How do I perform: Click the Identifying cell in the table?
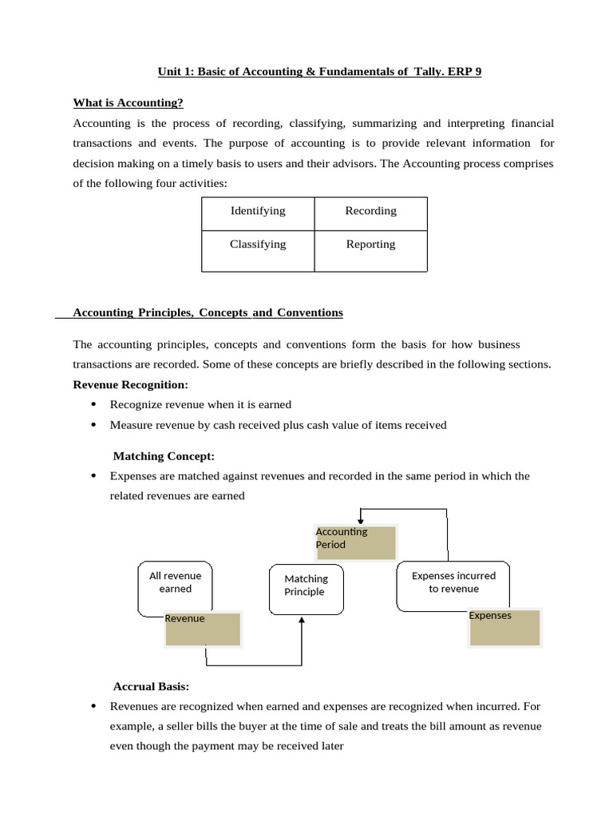(258, 212)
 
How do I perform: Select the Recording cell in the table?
(370, 212)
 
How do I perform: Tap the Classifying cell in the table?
(258, 245)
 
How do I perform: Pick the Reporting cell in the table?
(370, 245)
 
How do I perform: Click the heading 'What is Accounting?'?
(128, 103)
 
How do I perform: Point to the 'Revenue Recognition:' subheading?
(130, 385)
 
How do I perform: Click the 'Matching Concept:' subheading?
(164, 456)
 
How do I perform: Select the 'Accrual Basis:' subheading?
(151, 686)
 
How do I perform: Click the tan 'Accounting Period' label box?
(355, 542)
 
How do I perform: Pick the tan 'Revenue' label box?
(202, 629)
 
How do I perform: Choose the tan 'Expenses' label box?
(504, 628)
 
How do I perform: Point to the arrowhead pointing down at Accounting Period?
(361, 522)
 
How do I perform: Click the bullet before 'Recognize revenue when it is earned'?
(94, 405)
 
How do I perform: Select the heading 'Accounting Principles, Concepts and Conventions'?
(208, 313)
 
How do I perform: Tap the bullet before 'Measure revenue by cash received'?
(94, 425)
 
